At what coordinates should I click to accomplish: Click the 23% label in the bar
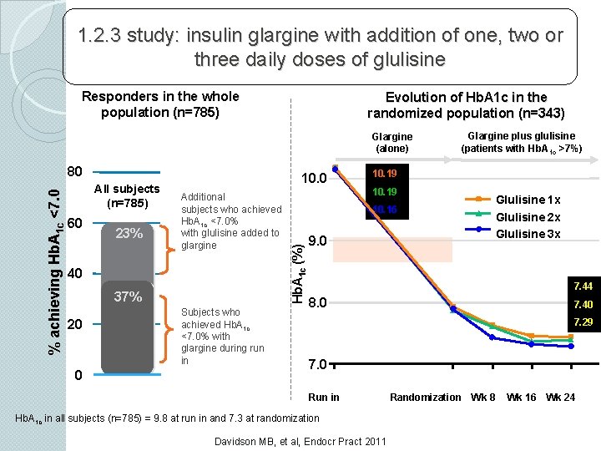128,234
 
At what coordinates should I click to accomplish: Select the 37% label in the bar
128,296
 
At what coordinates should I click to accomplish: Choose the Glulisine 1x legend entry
528,200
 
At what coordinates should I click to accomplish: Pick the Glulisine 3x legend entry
528,234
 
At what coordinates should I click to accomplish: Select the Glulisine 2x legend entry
528,217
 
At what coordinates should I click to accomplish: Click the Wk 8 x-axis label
483,397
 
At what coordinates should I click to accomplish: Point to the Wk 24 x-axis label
560,397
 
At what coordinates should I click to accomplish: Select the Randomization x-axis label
425,397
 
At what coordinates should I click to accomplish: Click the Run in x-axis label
324,397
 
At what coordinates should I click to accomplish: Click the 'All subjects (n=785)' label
128,195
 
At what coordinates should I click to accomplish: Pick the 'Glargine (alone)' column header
391,142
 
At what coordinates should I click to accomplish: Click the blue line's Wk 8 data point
492,337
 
